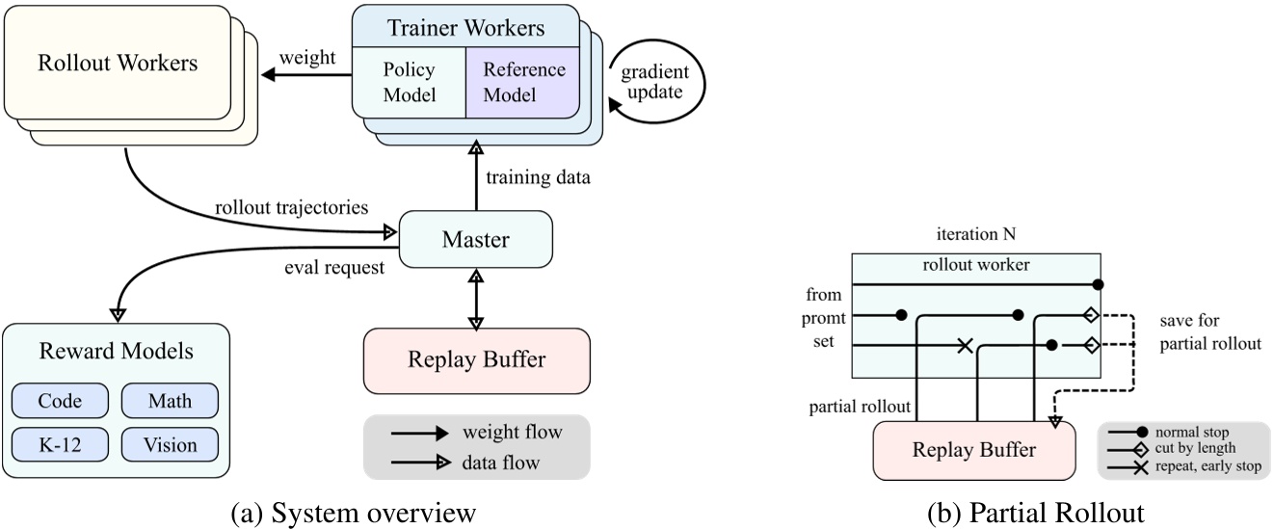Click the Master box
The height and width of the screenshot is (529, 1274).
(x=475, y=240)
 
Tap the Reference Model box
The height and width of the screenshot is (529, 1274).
(x=523, y=82)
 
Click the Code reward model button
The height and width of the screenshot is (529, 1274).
(x=61, y=401)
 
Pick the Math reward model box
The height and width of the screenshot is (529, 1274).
(x=170, y=401)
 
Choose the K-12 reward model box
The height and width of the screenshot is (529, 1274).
(x=61, y=444)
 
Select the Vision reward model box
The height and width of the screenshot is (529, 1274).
(x=170, y=444)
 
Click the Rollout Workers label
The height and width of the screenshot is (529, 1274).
(x=117, y=64)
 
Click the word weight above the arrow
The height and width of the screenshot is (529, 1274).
(x=306, y=58)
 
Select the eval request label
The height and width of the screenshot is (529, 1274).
(x=334, y=267)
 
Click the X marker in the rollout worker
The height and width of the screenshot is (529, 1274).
(x=964, y=345)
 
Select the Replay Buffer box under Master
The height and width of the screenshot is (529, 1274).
(x=475, y=360)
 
